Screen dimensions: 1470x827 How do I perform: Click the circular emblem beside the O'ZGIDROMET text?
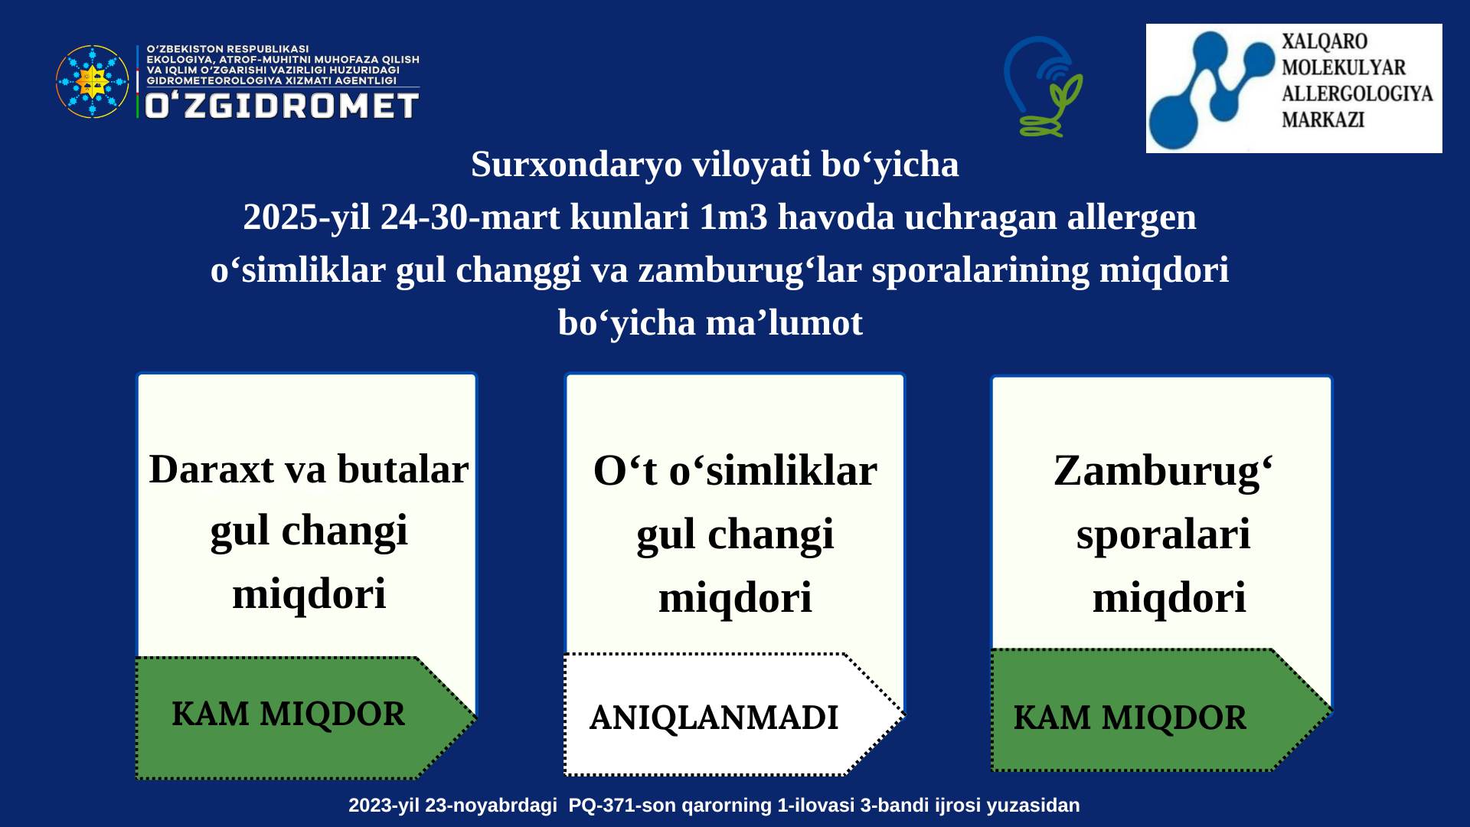click(x=93, y=81)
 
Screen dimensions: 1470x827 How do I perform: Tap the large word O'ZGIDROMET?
click(x=282, y=106)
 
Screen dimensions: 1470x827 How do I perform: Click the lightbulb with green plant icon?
click(x=1043, y=87)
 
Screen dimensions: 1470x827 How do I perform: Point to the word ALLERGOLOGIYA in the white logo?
click(x=1357, y=93)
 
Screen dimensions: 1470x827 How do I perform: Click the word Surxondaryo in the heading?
click(x=577, y=165)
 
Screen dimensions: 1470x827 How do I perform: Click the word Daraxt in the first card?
click(x=211, y=469)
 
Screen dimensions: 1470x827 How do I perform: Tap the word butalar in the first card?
click(x=403, y=469)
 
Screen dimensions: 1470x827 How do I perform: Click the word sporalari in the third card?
click(x=1163, y=535)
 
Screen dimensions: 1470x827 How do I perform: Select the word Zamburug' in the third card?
click(x=1163, y=472)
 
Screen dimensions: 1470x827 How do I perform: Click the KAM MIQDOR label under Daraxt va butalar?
click(x=288, y=714)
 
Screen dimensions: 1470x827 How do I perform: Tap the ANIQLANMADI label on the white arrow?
click(x=714, y=718)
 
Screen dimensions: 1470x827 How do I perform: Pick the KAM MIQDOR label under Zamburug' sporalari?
click(x=1130, y=718)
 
